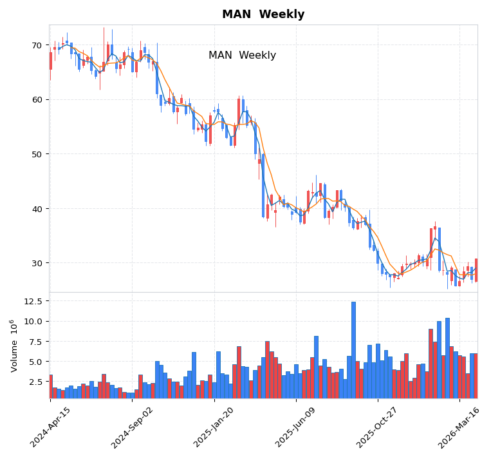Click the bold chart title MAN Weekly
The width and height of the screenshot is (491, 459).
[x=263, y=14]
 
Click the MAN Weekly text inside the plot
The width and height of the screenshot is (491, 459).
[x=242, y=55]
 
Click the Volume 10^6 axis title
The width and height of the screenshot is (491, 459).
[x=14, y=346]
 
